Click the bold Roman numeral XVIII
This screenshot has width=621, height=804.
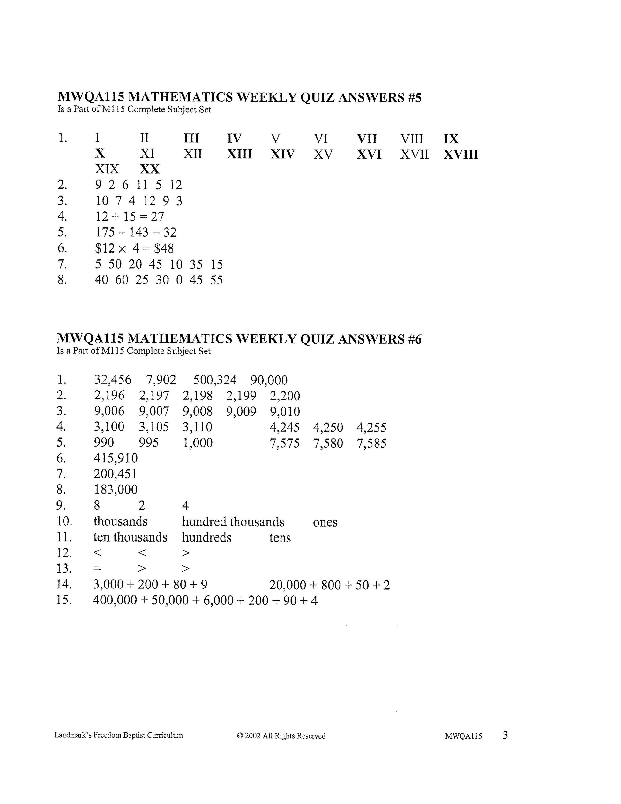click(x=460, y=154)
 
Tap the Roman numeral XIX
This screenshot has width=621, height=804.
click(x=107, y=169)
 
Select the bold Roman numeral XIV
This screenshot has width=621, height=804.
click(x=282, y=154)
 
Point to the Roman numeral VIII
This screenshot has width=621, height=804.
click(x=412, y=139)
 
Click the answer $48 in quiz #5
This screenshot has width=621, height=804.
click(x=164, y=248)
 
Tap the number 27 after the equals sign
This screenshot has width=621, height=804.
click(x=157, y=216)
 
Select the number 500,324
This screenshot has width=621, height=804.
click(x=215, y=380)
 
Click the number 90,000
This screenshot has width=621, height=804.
click(x=269, y=380)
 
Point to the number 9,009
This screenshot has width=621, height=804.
click(x=241, y=412)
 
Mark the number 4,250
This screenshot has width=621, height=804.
click(x=328, y=428)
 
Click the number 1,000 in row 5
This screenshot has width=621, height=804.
click(x=198, y=443)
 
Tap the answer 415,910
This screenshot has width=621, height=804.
click(x=116, y=458)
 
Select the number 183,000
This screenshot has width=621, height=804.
click(x=116, y=489)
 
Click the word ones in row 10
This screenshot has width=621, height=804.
click(x=325, y=522)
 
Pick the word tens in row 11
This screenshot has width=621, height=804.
click(x=280, y=538)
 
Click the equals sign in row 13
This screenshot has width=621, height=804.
click(x=97, y=568)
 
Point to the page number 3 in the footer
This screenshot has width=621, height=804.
click(x=505, y=735)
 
